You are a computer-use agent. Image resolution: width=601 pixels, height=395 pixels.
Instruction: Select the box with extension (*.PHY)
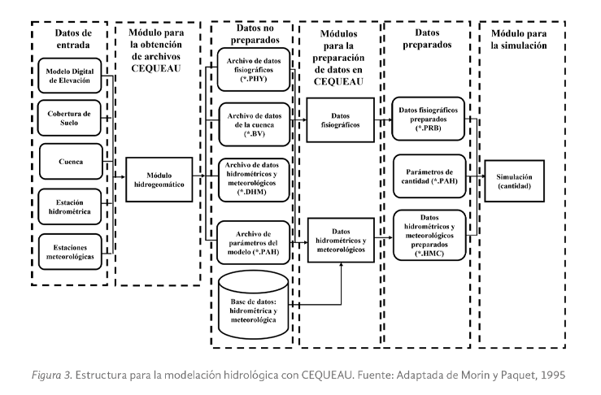point(251,70)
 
